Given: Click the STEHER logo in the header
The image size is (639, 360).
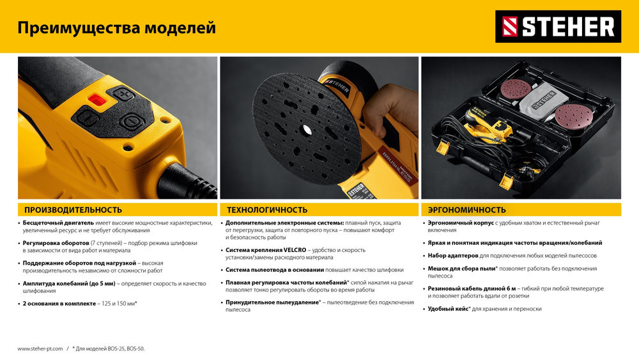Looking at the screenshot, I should click(558, 27).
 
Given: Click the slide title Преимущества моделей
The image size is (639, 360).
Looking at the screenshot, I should click(116, 28).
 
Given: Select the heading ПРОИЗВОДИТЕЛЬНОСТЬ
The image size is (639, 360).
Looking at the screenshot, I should click(73, 210).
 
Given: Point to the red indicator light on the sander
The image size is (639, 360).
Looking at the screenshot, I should click(97, 99).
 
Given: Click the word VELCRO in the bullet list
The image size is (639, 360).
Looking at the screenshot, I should click(293, 250).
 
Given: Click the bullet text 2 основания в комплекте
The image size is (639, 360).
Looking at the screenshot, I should click(59, 303).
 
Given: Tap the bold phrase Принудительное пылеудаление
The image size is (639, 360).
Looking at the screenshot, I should click(272, 302).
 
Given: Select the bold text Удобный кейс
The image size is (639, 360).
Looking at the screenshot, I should click(449, 309).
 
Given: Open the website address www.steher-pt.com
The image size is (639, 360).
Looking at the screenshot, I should click(40, 348).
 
